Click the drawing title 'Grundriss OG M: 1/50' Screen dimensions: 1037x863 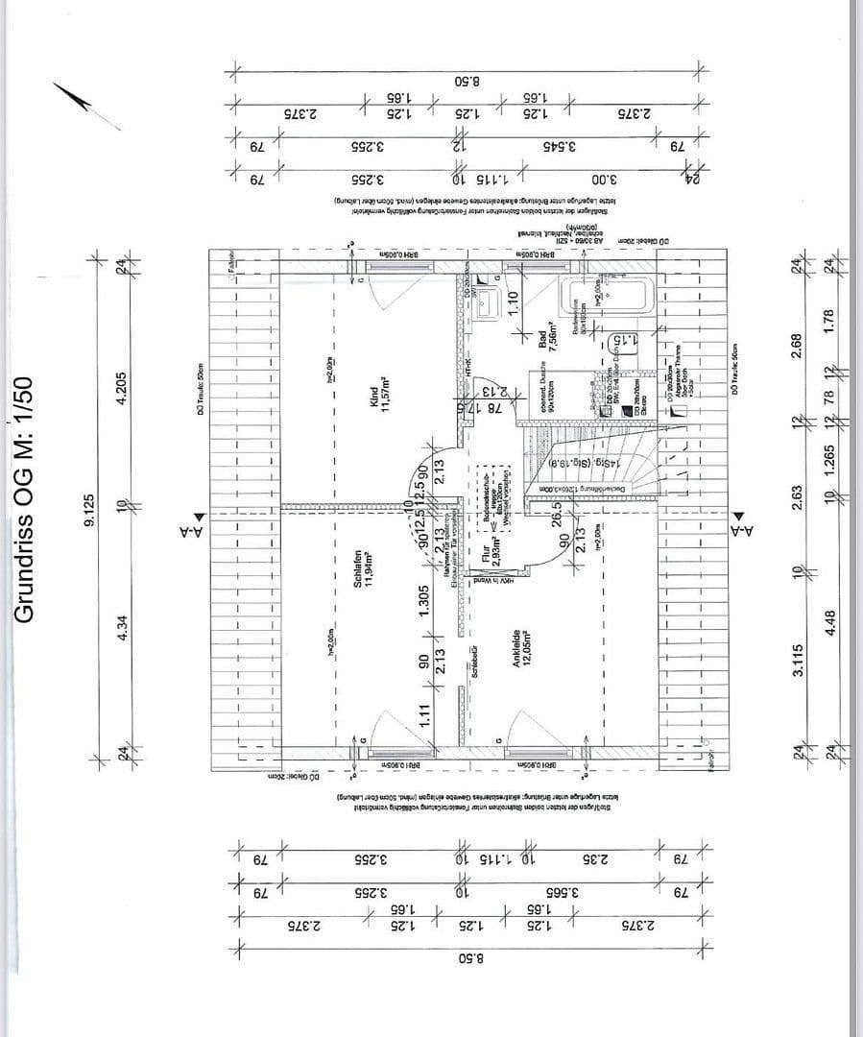pyautogui.click(x=26, y=498)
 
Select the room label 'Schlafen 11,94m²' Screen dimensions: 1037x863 pyautogui.click(x=361, y=566)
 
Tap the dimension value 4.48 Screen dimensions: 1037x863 pyautogui.click(x=831, y=624)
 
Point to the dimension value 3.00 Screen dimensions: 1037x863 pyautogui.click(x=602, y=180)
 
